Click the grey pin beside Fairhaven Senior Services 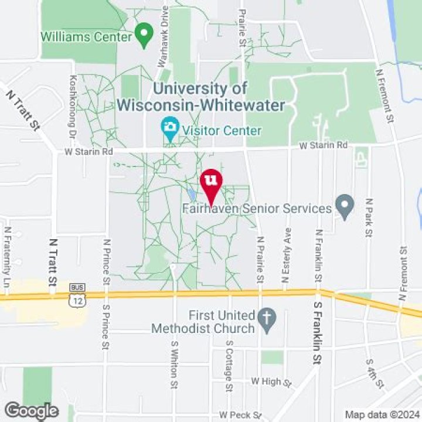(345, 206)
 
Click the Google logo (31, 411)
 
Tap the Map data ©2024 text (382, 415)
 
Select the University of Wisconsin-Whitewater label (200, 97)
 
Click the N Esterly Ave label (287, 251)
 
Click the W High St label (270, 382)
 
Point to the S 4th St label (374, 373)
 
